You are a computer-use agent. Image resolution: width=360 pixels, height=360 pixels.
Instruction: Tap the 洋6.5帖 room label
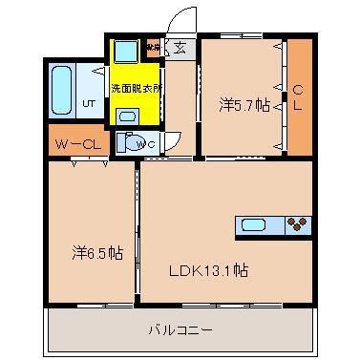coord(95,254)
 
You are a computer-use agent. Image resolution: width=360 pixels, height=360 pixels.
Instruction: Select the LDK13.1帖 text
coord(211,270)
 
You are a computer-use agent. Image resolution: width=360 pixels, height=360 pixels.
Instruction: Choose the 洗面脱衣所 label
coord(136,88)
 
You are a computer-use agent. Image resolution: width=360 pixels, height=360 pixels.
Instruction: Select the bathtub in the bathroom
coord(62,91)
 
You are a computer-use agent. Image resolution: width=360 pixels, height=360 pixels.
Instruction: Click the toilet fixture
coord(129,143)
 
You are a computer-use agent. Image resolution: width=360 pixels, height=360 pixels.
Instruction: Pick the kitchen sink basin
coord(254,226)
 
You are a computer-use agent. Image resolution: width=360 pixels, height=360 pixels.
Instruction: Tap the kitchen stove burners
coord(298,225)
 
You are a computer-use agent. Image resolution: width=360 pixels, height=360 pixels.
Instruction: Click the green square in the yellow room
coord(125,52)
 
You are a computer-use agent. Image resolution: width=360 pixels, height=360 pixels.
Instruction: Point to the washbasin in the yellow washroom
coord(127,116)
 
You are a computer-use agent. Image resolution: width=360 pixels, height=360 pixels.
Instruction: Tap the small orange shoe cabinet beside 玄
coord(154,46)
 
